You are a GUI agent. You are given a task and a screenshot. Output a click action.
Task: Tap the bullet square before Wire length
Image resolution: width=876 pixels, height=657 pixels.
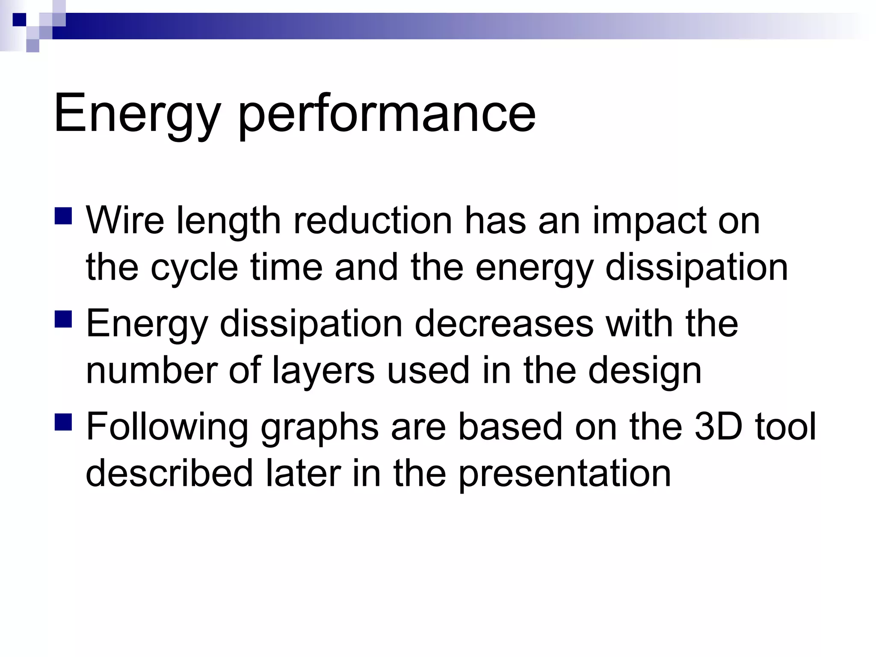coord(63,216)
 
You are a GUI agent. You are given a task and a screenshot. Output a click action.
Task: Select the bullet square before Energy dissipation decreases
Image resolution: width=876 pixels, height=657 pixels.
coord(63,319)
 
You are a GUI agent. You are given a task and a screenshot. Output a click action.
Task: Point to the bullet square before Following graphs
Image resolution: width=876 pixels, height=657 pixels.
coord(63,422)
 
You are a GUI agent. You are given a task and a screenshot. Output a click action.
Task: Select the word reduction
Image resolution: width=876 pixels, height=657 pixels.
coord(372,221)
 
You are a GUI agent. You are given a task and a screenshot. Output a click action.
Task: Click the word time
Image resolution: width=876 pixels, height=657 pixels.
coord(286,267)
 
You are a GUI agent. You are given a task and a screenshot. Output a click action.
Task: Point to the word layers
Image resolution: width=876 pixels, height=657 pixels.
coord(323,371)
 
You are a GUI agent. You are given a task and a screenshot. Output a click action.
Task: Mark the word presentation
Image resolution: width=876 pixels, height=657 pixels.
coord(565,474)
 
